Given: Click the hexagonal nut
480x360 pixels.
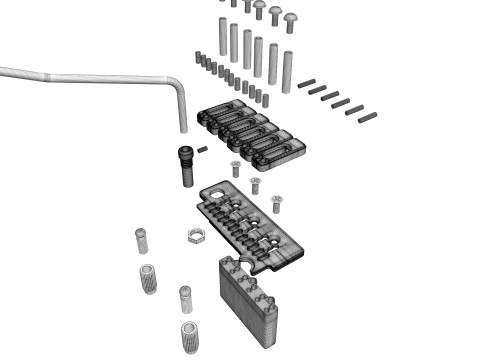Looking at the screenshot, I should pyautogui.click(x=197, y=238).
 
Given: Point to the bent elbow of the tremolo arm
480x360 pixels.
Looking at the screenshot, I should pyautogui.click(x=177, y=87).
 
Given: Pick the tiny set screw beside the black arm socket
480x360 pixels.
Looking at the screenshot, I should pyautogui.click(x=203, y=150).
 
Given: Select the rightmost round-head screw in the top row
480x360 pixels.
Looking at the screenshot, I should pyautogui.click(x=293, y=21).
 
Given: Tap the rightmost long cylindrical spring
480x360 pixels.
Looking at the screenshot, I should pyautogui.click(x=287, y=69).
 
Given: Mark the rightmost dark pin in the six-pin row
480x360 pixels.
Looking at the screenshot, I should pyautogui.click(x=367, y=115).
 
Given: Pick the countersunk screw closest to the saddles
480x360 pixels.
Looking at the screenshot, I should pyautogui.click(x=236, y=165).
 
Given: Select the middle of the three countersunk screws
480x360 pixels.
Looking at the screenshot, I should pyautogui.click(x=255, y=184).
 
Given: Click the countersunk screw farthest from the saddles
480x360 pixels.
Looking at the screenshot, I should pyautogui.click(x=276, y=201).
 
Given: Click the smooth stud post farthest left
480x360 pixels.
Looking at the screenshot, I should pyautogui.click(x=141, y=242).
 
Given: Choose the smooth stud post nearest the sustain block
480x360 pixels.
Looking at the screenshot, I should pyautogui.click(x=185, y=298).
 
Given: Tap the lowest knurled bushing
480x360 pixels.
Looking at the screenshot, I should pyautogui.click(x=188, y=335).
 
